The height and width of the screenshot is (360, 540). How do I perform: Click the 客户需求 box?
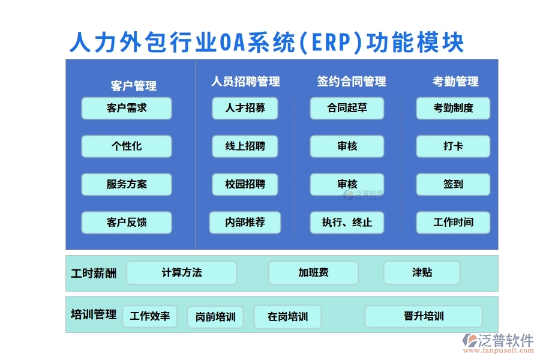pos(127,108)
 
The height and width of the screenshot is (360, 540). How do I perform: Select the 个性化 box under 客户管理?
pos(127,146)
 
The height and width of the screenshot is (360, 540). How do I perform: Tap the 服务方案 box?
pos(127,184)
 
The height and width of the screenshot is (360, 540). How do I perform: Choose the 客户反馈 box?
pos(127,223)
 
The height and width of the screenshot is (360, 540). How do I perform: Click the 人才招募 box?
pos(245,108)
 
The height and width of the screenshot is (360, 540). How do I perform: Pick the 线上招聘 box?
pos(245,146)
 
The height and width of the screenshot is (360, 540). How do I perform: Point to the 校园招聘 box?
pos(245,184)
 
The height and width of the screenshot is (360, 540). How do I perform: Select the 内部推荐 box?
pos(245,223)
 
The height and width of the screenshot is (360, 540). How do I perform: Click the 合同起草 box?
pos(347,108)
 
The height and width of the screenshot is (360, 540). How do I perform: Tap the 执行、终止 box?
pos(347,223)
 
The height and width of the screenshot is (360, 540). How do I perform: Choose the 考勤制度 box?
pos(453,108)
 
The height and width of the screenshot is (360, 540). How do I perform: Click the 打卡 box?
pos(453,146)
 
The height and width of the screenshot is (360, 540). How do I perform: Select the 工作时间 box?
pos(453,223)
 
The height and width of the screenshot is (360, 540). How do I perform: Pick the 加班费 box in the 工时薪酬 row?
pos(313,272)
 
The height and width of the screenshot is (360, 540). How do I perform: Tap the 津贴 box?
pos(422,272)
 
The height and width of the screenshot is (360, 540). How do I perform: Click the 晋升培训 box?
pos(424,316)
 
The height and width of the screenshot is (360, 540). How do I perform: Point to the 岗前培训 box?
pos(215,317)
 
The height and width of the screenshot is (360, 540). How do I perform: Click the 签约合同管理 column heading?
pos(352,82)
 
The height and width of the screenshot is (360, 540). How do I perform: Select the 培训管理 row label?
pos(94,314)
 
